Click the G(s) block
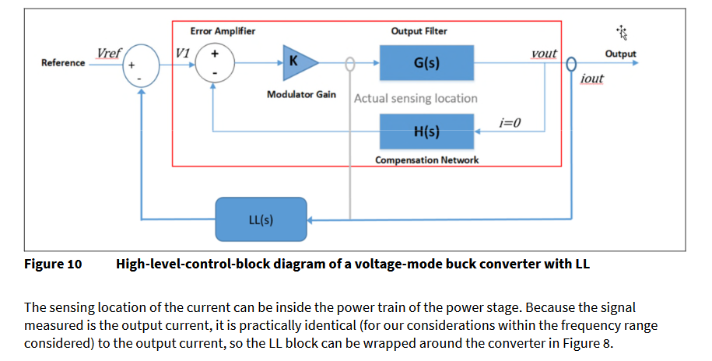coord(426,62)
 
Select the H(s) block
coord(426,131)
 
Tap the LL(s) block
coord(261,219)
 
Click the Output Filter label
coord(419,31)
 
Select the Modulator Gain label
coord(301,94)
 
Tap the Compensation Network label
coord(426,159)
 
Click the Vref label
coord(107,53)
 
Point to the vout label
coord(543,53)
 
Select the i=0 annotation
coord(510,122)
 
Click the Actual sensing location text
coord(416,99)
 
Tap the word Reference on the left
coord(63,63)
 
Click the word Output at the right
coord(620,54)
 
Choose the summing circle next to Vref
coord(141,67)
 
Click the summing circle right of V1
coord(214,62)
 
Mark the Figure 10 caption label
coord(53,264)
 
